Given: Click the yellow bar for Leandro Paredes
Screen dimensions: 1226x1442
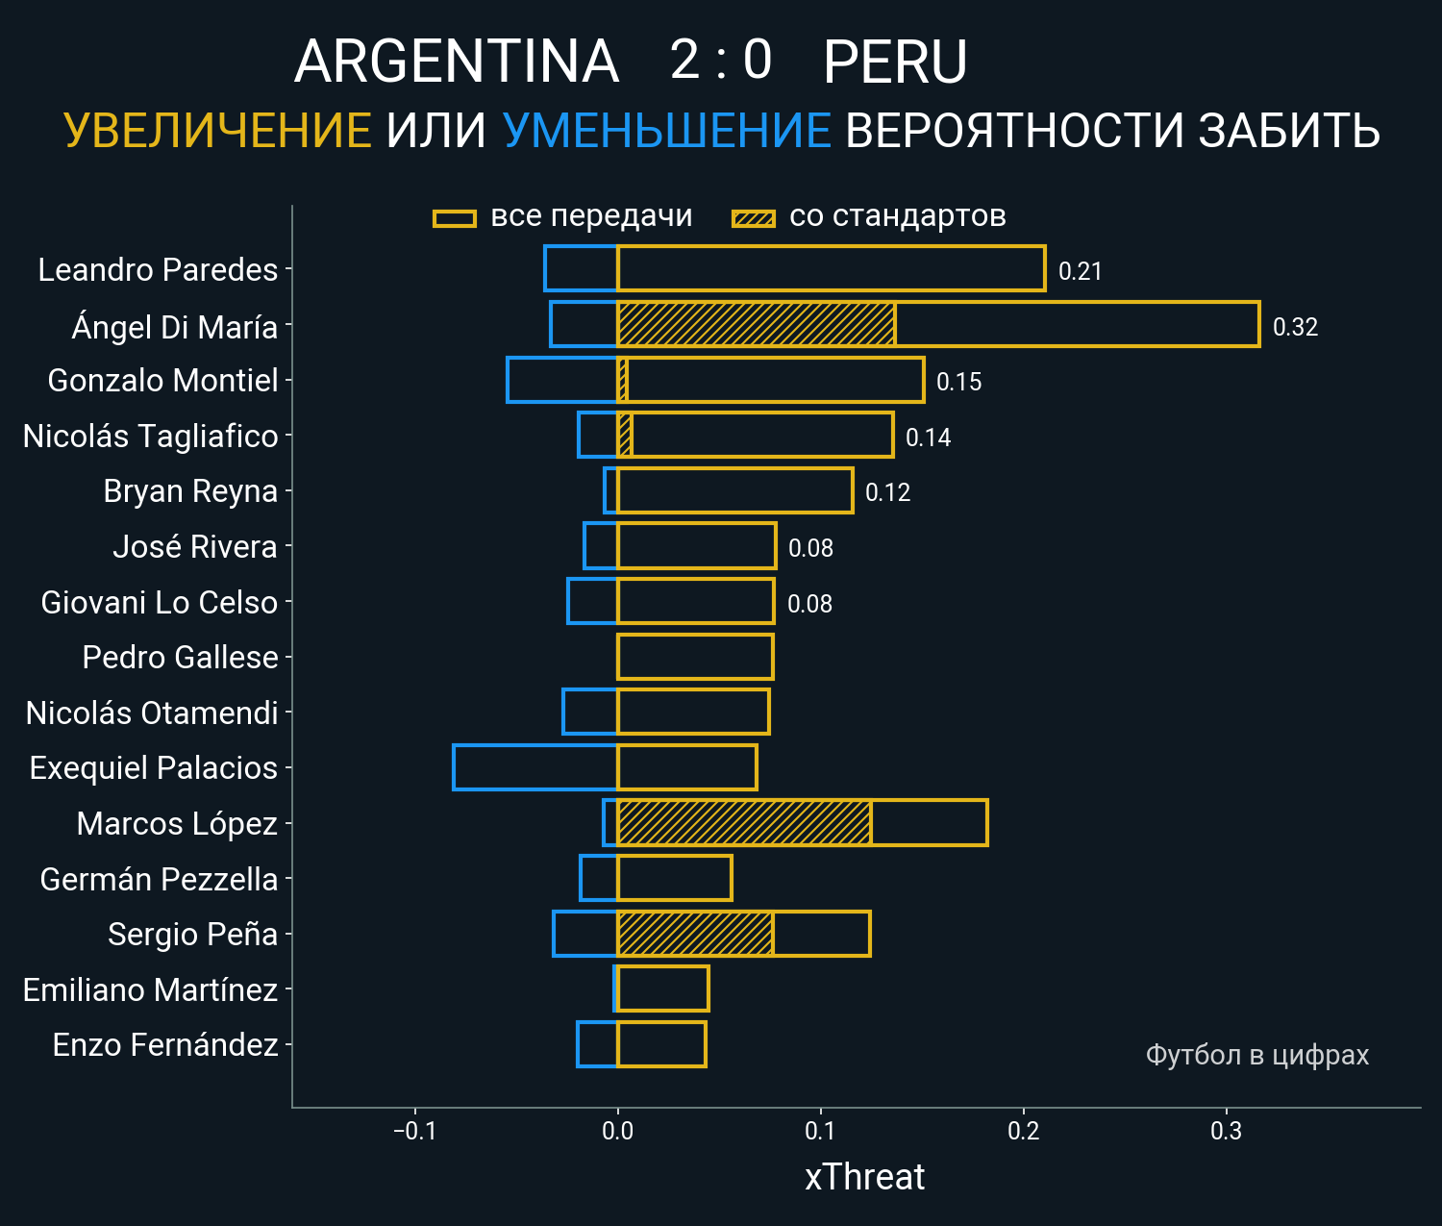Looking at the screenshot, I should coord(831,268).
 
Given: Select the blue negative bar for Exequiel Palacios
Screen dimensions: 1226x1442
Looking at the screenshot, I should coord(535,767).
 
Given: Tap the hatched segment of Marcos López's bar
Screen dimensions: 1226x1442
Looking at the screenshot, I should coord(744,823).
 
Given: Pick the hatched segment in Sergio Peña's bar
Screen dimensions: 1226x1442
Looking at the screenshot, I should coord(695,934).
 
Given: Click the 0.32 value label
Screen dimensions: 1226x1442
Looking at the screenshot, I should coord(1295,327).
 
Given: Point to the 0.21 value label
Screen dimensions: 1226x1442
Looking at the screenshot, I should coord(1080,271).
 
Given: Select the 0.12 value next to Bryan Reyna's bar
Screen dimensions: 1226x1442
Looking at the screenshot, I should coord(887,492).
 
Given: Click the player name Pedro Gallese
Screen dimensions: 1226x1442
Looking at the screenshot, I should coord(180,658).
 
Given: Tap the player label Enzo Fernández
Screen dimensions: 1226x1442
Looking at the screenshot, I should coord(165,1045).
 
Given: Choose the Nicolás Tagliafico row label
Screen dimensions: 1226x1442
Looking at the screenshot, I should coord(150,437).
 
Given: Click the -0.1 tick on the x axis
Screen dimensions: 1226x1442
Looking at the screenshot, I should coord(414,1131).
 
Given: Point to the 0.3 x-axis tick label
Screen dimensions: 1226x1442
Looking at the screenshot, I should coord(1226,1131).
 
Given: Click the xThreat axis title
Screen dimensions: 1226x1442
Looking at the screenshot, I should coord(864,1177).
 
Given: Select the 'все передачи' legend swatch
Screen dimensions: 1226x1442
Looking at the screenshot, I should coord(455,218).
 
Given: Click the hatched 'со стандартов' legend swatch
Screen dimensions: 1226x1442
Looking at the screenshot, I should coord(753,218).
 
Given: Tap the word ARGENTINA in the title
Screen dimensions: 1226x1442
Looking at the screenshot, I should coord(457,62).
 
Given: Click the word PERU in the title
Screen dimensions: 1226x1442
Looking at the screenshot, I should coord(895,62).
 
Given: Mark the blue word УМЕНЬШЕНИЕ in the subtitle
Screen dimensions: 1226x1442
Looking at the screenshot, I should coord(666,131).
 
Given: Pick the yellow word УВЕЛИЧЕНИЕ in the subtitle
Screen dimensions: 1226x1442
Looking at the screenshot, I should coord(217,131).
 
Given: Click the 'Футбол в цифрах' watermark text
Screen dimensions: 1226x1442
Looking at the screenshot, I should coord(1256,1055).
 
